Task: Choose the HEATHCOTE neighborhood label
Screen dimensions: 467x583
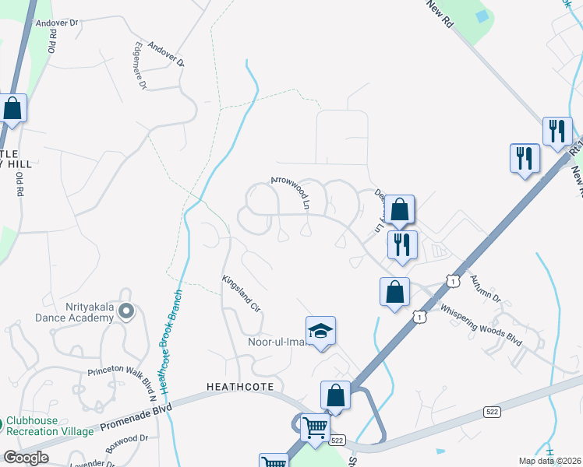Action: click(x=240, y=386)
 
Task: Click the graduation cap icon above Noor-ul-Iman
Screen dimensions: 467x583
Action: click(x=320, y=331)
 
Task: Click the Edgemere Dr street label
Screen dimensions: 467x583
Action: click(x=140, y=65)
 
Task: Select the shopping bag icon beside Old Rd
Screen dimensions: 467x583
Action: click(x=12, y=108)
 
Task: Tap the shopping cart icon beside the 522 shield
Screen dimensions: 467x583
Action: click(x=314, y=427)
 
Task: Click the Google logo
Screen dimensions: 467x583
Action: click(x=26, y=458)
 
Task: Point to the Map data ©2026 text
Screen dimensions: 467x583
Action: click(x=548, y=461)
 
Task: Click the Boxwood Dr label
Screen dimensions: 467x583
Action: click(x=123, y=440)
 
